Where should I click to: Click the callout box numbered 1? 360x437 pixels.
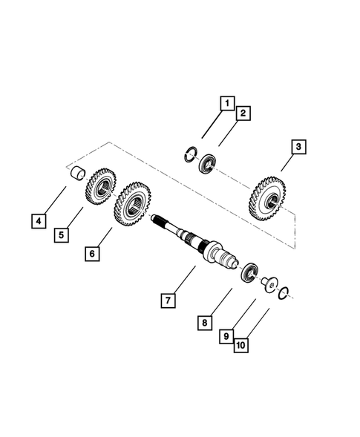point(226,103)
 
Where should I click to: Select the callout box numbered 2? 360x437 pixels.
point(242,114)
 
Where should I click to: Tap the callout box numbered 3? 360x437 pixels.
point(297,148)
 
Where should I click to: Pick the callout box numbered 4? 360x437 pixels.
point(37,220)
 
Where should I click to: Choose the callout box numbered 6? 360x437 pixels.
point(92,254)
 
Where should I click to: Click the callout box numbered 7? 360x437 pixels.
point(168,300)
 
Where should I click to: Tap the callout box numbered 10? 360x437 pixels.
point(240,344)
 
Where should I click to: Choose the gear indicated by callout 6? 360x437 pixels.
point(131,203)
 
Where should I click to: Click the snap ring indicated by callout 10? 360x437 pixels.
point(283,295)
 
